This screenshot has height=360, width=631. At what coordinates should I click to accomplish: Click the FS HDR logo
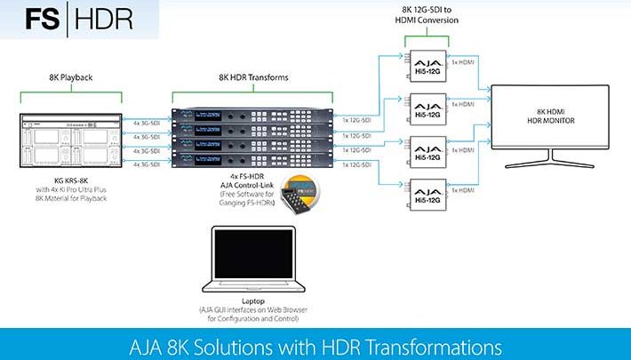pyautogui.click(x=79, y=19)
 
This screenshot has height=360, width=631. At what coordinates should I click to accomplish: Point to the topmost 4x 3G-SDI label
pyautogui.click(x=144, y=123)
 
